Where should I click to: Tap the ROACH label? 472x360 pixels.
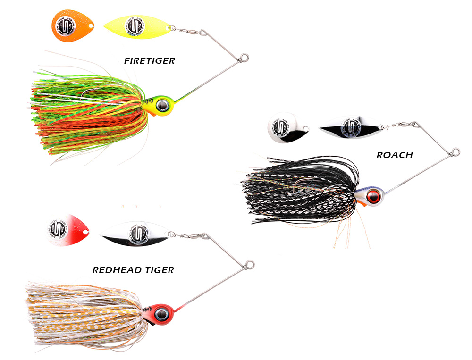(x=395, y=155)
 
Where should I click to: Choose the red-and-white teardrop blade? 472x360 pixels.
(x=67, y=228)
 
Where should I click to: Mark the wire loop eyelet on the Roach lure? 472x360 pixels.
(x=455, y=152)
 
